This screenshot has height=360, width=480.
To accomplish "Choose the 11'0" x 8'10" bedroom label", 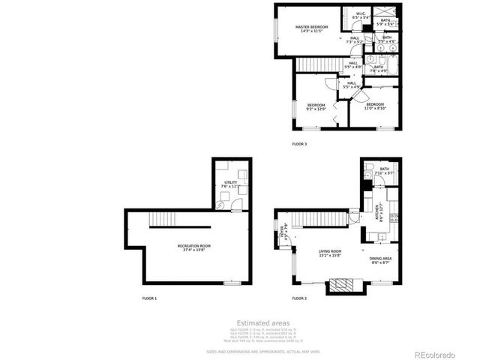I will (x=374, y=106).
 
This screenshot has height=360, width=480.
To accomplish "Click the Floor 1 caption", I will (x=150, y=298).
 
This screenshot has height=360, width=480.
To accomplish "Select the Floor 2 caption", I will (x=300, y=298).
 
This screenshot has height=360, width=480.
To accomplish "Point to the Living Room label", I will (x=331, y=253).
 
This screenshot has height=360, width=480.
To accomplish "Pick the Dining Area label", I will (x=380, y=259).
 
